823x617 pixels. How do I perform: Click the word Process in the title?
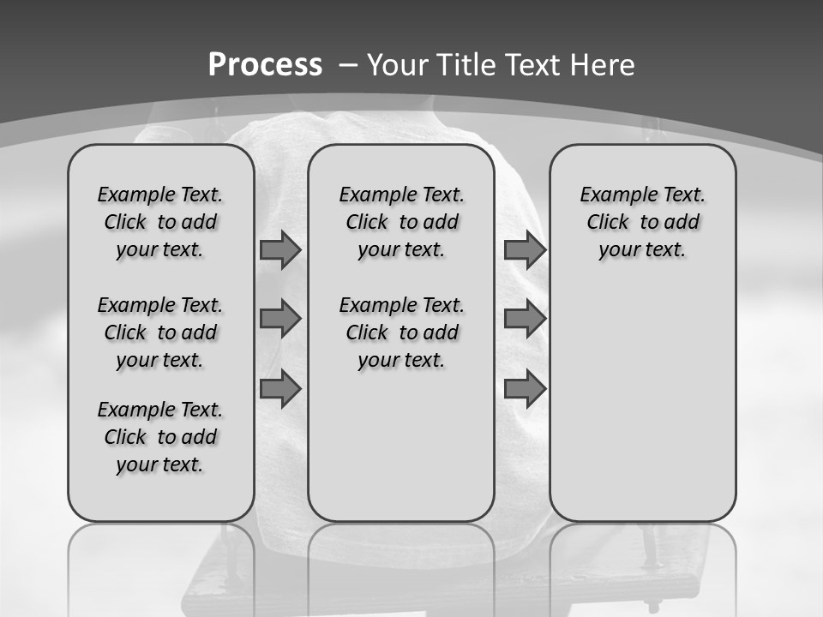(x=265, y=64)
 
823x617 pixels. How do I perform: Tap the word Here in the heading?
(x=603, y=64)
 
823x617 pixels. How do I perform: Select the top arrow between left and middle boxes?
(x=280, y=250)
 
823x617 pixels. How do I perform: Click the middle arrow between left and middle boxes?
(x=280, y=319)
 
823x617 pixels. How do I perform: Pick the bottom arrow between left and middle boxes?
(x=280, y=389)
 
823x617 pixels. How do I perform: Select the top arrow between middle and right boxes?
(x=525, y=250)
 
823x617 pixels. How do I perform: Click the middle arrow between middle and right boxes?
(x=525, y=319)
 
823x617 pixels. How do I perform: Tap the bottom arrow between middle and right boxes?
(x=525, y=389)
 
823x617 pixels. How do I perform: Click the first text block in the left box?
(x=160, y=222)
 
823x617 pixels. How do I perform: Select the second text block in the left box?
(x=160, y=332)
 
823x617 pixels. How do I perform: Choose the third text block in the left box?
(x=160, y=437)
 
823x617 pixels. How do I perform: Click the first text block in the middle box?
(x=401, y=222)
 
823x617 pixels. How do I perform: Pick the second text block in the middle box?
(x=401, y=332)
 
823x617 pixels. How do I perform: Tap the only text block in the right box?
(x=642, y=222)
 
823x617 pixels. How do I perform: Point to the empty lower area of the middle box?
(x=401, y=446)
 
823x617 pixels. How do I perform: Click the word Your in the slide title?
(x=398, y=64)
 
